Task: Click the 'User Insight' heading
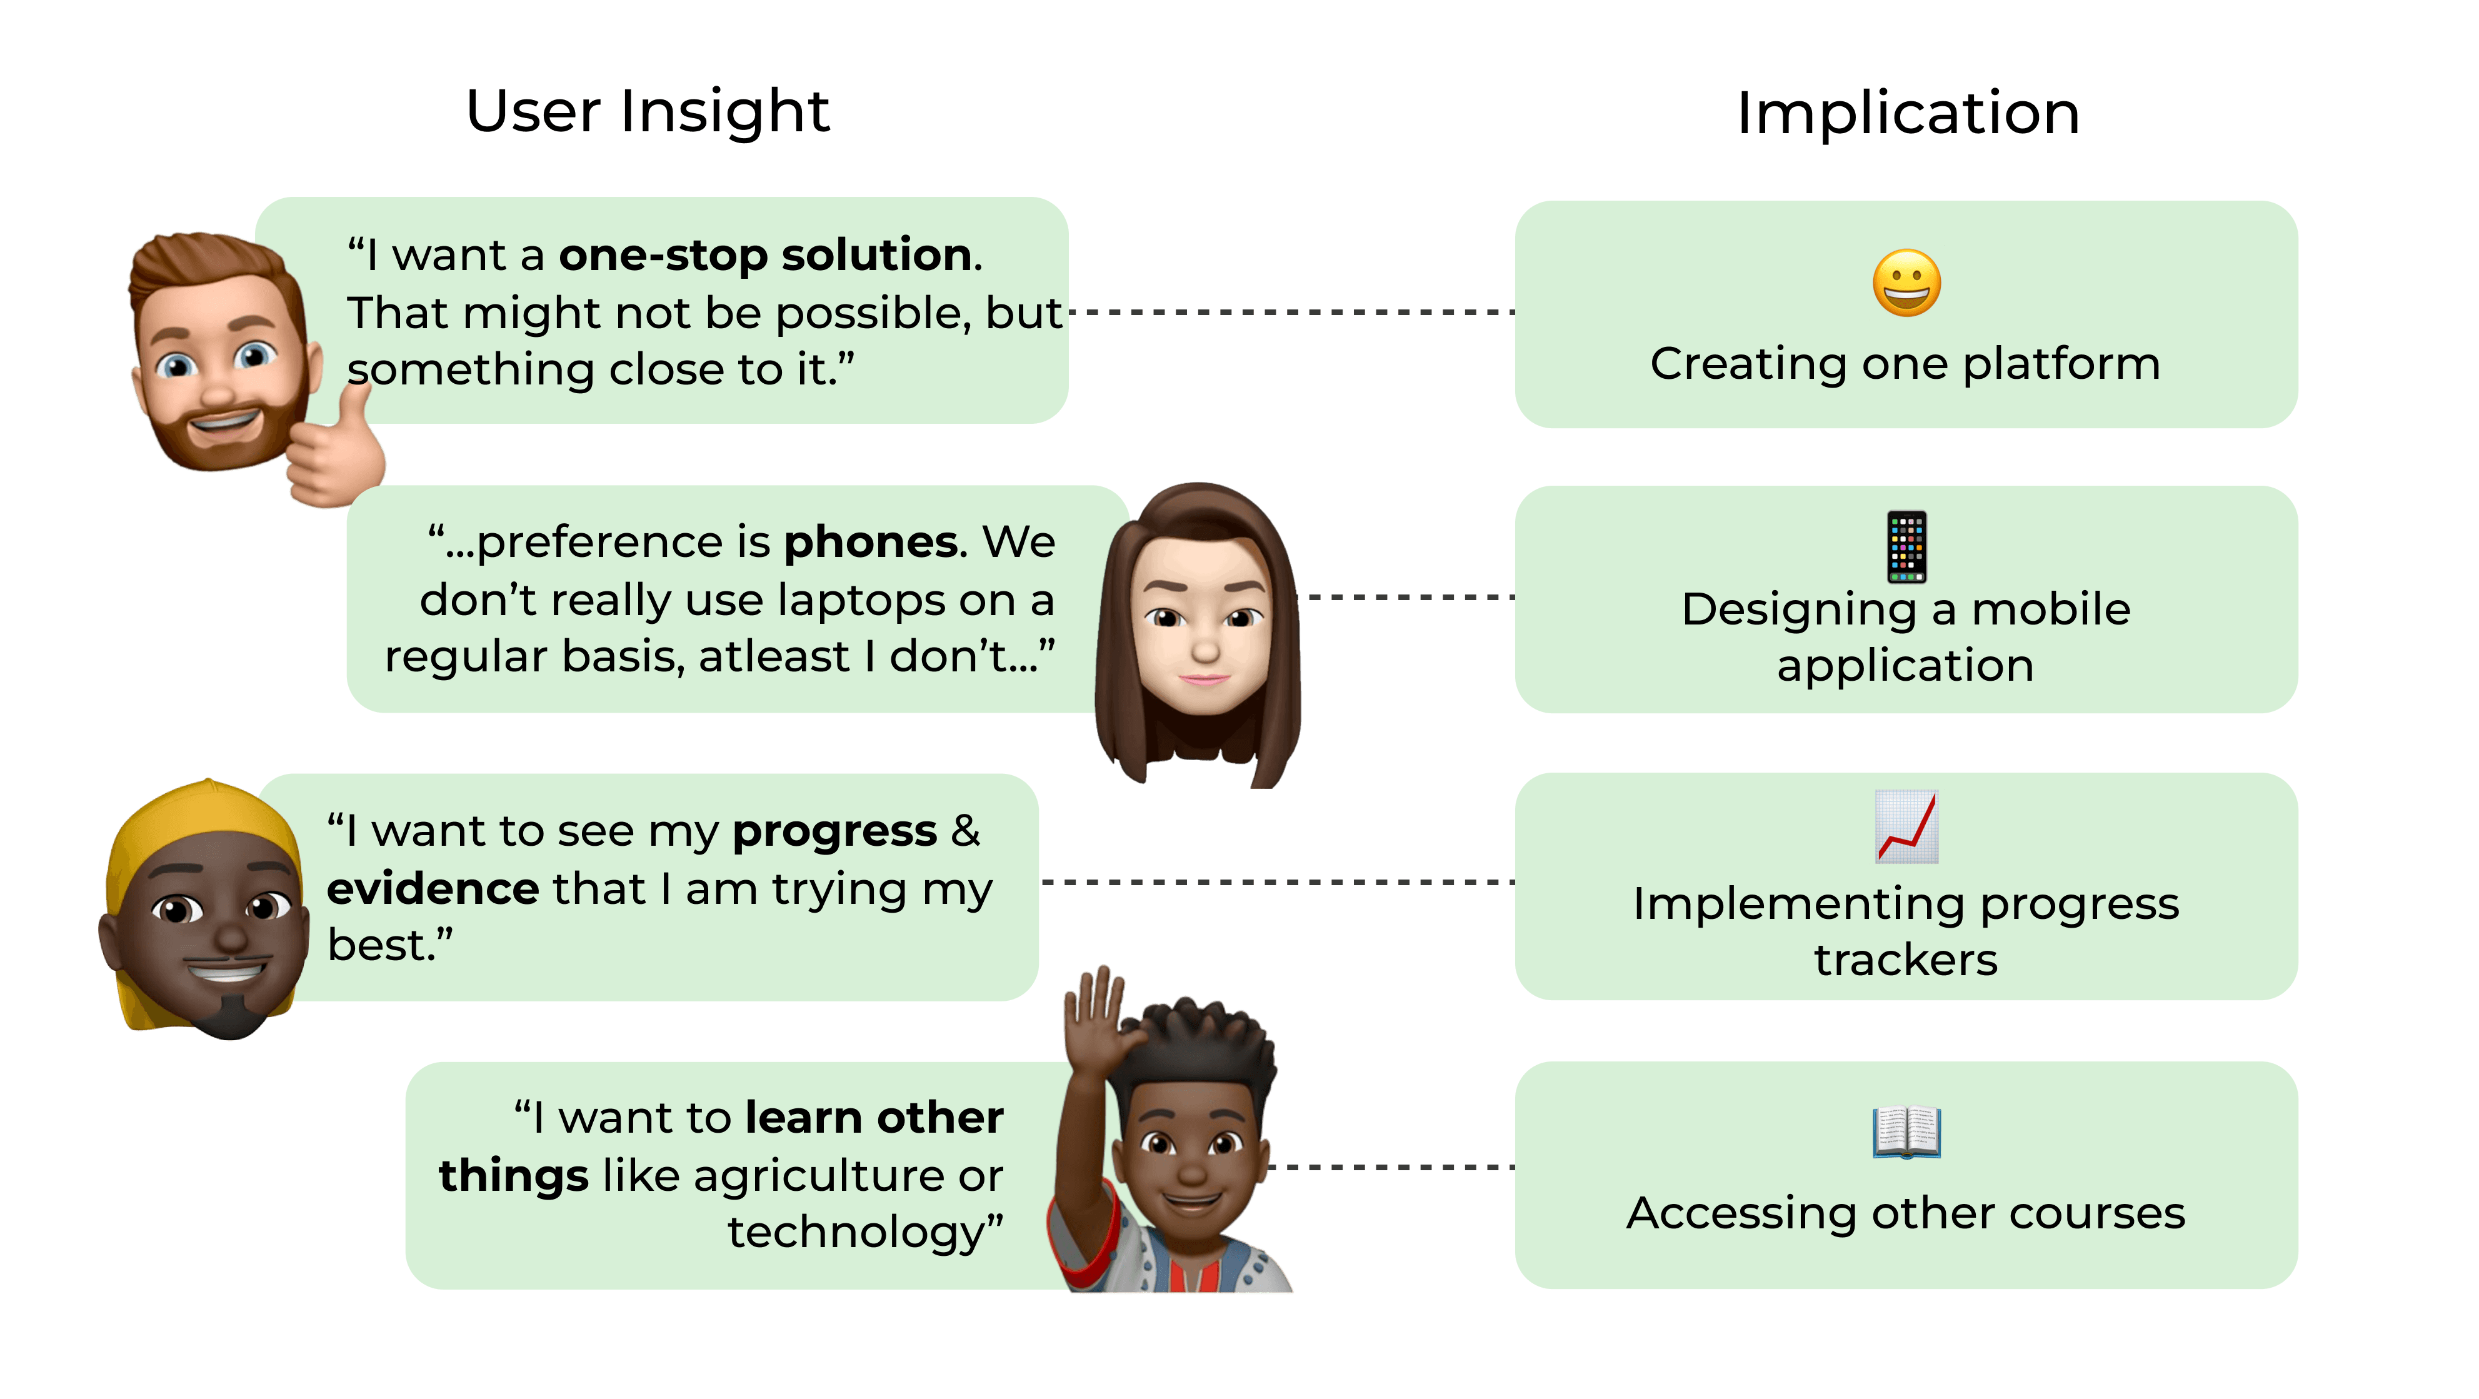[x=648, y=112]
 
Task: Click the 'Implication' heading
[x=1907, y=114]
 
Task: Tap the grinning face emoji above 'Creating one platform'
[x=1906, y=283]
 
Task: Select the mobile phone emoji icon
[x=1906, y=546]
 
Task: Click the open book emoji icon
[x=1906, y=1133]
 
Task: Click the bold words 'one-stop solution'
[x=765, y=255]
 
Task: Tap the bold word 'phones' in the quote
[x=870, y=543]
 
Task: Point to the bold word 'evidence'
[x=432, y=889]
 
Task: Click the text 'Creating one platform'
[x=1905, y=364]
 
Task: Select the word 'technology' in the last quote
[x=856, y=1233]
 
